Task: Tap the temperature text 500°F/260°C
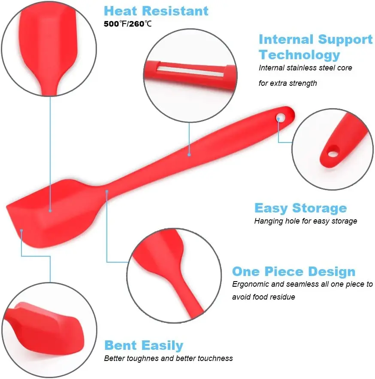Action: (x=127, y=24)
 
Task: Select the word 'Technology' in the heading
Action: (x=299, y=55)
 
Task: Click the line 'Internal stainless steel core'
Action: (x=305, y=68)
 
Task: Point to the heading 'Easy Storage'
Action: (x=300, y=208)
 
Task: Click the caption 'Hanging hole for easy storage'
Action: (x=305, y=221)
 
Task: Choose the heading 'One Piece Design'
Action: (x=293, y=272)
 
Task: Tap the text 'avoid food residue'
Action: (x=263, y=297)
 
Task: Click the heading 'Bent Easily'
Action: (x=144, y=346)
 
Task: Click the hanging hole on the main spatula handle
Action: (x=281, y=116)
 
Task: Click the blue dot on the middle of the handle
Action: (x=189, y=154)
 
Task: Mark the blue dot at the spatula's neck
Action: (x=107, y=191)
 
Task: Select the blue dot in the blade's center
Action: (x=50, y=210)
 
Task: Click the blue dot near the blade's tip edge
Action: (x=21, y=230)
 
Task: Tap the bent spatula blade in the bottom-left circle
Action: (x=43, y=326)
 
